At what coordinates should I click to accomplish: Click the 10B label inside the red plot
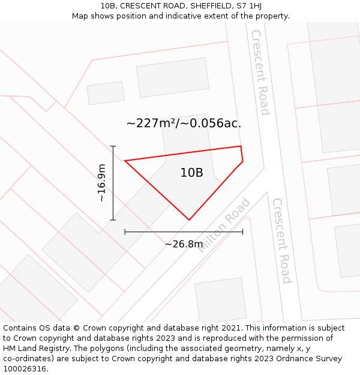[191, 173]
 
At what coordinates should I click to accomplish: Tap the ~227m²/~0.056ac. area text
[184, 124]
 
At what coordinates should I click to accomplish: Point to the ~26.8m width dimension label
[184, 244]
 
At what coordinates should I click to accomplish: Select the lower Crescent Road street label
[281, 241]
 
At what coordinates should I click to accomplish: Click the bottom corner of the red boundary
[189, 220]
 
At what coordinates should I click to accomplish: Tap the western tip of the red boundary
[125, 161]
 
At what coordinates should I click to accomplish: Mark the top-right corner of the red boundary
[241, 146]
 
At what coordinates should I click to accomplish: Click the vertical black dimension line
[113, 183]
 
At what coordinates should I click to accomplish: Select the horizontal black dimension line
[184, 231]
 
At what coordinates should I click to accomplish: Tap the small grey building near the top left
[106, 93]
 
